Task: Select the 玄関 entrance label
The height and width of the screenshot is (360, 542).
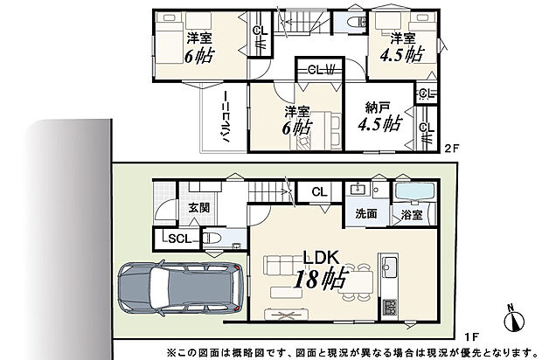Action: point(198,208)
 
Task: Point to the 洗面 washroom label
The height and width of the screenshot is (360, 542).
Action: point(365,213)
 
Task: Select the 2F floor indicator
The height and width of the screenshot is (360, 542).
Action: point(451,148)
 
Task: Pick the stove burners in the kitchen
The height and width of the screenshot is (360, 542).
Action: point(388,307)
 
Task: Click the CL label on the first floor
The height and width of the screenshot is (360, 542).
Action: point(318,191)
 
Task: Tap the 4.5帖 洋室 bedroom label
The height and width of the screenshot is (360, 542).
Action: point(402,46)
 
